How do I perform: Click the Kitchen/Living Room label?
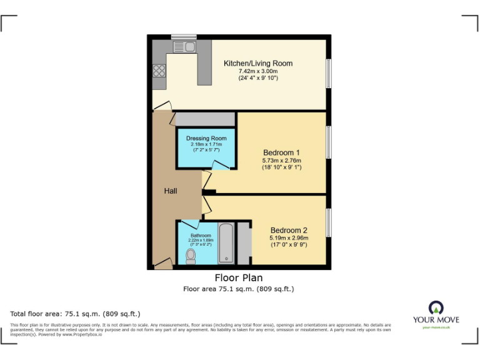click(x=258, y=63)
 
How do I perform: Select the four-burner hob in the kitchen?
click(x=158, y=71)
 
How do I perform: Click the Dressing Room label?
click(x=206, y=137)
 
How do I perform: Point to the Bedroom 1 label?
click(x=281, y=152)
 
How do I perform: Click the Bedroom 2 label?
click(x=289, y=229)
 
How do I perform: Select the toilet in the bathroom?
click(x=191, y=255)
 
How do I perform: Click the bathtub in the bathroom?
click(x=226, y=243)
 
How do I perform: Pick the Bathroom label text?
click(x=201, y=236)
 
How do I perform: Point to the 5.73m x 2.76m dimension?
click(x=281, y=161)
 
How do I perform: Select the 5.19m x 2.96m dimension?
click(x=289, y=237)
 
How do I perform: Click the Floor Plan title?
click(x=238, y=277)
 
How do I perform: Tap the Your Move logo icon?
click(x=436, y=307)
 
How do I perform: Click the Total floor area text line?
click(x=75, y=314)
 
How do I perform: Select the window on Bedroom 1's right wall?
click(x=328, y=142)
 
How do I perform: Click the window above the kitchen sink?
click(x=184, y=37)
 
